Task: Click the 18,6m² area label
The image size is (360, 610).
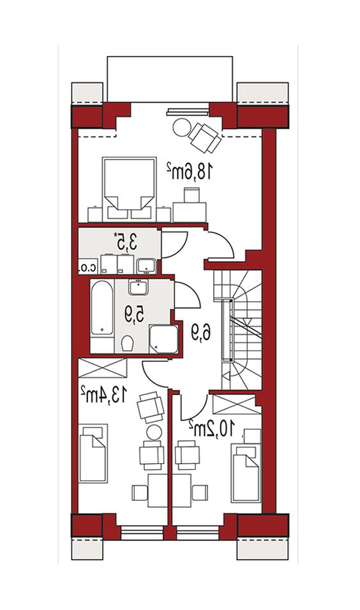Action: click(x=190, y=172)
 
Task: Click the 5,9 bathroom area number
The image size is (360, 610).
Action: click(x=134, y=315)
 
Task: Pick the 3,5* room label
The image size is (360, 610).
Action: click(x=126, y=242)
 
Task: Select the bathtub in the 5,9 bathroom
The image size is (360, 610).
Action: click(x=102, y=308)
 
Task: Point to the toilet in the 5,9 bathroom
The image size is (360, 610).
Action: click(x=127, y=343)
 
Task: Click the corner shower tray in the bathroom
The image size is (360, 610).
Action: click(x=164, y=339)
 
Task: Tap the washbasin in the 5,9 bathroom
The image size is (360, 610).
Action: click(x=138, y=288)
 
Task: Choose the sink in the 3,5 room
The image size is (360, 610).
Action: click(x=146, y=265)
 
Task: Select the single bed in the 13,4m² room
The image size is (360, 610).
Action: click(x=93, y=453)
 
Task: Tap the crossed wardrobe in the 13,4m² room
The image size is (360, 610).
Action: click(x=103, y=368)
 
